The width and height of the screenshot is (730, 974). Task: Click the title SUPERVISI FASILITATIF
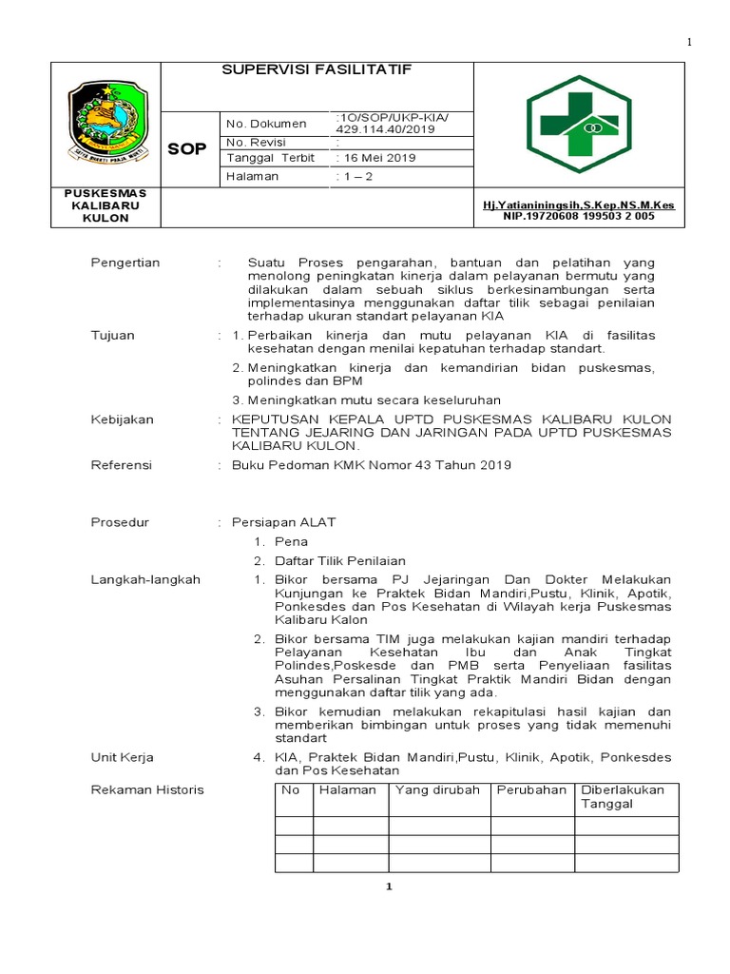pyautogui.click(x=302, y=70)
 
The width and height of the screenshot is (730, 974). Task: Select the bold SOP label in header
pyautogui.click(x=186, y=149)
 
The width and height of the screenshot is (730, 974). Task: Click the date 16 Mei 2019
pyautogui.click(x=377, y=158)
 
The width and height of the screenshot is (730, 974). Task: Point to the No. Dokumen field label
pyautogui.click(x=266, y=124)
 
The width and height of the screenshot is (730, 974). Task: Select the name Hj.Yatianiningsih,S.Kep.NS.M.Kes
pyautogui.click(x=578, y=205)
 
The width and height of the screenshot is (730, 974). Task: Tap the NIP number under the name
pyautogui.click(x=578, y=217)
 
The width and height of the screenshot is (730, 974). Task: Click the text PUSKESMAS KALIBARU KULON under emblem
pyautogui.click(x=105, y=205)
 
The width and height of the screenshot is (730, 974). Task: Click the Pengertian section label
pyautogui.click(x=125, y=263)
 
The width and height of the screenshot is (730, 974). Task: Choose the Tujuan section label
pyautogui.click(x=113, y=336)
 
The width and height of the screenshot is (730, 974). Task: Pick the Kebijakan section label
pyautogui.click(x=122, y=419)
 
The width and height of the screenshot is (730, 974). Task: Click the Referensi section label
pyautogui.click(x=122, y=465)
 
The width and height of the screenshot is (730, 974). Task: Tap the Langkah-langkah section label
pyautogui.click(x=144, y=579)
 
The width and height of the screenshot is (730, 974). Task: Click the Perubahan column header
pyautogui.click(x=530, y=790)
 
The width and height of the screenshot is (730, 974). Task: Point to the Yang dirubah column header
pyautogui.click(x=437, y=790)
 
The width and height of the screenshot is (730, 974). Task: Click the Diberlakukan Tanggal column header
pyautogui.click(x=623, y=797)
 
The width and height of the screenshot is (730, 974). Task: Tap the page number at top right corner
pyautogui.click(x=690, y=43)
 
